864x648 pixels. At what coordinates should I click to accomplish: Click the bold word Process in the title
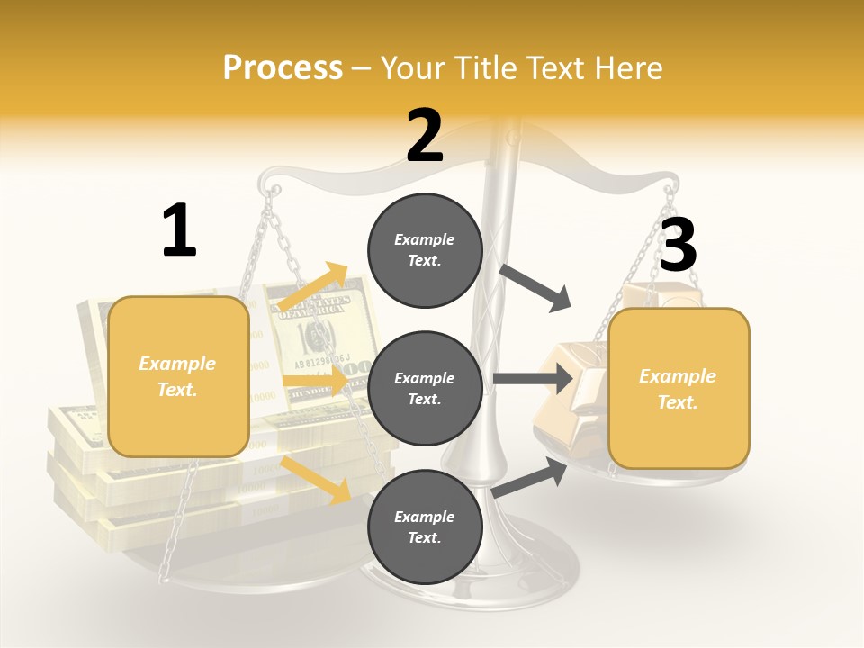283,67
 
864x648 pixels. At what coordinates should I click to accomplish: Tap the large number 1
179,230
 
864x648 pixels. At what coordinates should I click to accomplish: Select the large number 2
425,136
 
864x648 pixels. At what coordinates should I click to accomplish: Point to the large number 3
678,245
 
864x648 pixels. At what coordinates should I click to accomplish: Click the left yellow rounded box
178,376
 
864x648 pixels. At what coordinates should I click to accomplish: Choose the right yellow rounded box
679,389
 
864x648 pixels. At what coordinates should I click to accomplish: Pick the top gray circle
425,250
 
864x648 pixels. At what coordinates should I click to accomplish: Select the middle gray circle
425,388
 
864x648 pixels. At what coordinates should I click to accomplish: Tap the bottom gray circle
425,526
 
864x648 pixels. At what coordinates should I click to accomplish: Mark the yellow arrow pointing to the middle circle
314,381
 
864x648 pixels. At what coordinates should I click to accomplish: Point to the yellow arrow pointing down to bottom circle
316,478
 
